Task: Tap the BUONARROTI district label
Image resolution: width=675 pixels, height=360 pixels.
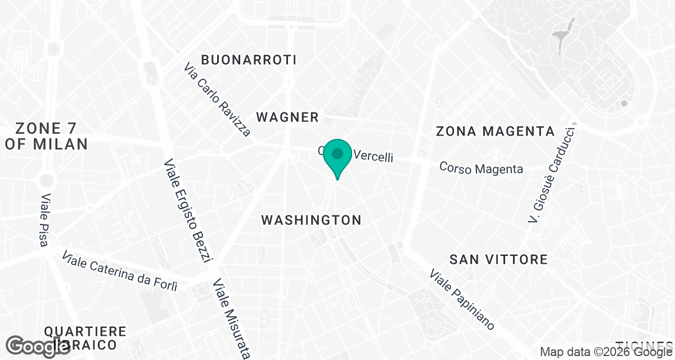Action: pos(249,60)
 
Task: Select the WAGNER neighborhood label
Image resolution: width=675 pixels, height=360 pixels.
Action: pos(287,117)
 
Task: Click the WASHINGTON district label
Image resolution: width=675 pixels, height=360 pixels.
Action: pos(311,220)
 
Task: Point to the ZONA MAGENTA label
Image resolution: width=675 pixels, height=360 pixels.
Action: pos(496,132)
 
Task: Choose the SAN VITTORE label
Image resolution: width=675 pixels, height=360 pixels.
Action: pos(498,259)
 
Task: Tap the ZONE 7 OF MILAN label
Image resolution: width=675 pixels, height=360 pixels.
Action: pos(46,136)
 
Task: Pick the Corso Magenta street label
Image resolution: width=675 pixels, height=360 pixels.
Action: pos(481,168)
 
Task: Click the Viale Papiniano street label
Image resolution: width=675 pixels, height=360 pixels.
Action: pos(462,300)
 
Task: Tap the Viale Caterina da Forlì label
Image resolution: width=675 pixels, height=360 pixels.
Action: pos(120,271)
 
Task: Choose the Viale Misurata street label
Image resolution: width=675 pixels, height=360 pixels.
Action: pos(231,318)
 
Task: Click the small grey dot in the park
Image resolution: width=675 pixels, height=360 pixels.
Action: pos(623,103)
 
